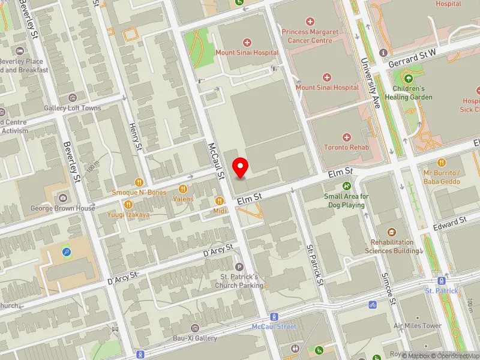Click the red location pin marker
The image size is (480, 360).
click(x=241, y=167)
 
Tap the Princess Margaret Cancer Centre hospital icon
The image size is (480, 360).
click(x=310, y=22)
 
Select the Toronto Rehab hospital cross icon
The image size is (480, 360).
click(x=346, y=137)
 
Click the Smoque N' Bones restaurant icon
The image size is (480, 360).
click(x=139, y=182)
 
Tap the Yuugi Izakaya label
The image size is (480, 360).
click(x=128, y=214)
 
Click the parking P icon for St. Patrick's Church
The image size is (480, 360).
click(x=239, y=267)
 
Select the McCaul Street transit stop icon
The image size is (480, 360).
click(x=274, y=316)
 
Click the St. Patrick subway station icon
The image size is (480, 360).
click(x=442, y=281)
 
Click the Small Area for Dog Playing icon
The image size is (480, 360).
click(x=346, y=186)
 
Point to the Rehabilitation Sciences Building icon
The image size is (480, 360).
click(x=391, y=232)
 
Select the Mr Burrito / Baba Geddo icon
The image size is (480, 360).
click(x=442, y=162)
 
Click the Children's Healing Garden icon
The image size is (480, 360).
click(x=409, y=79)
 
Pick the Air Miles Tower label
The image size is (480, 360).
click(x=417, y=326)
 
